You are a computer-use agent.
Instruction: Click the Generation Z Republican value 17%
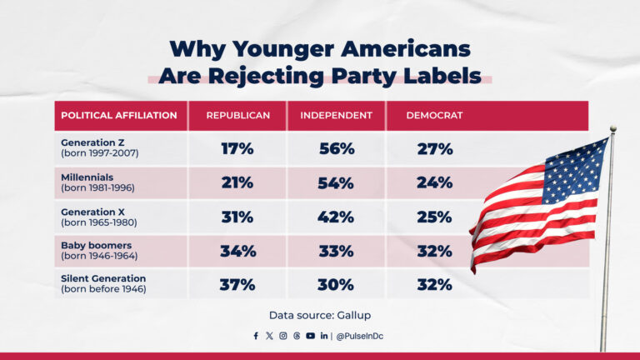237,149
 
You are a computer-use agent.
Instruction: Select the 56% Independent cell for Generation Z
337,149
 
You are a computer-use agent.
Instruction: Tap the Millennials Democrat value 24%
434,182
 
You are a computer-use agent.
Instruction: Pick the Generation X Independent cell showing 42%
337,217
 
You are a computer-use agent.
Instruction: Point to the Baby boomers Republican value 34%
237,251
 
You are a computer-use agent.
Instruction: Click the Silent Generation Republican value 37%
237,285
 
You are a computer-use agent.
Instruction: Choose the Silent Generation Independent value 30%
337,285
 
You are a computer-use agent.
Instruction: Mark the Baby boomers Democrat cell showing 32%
434,251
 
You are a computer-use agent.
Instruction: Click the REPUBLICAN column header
238,115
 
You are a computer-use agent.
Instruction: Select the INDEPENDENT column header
337,115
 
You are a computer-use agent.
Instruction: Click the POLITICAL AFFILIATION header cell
119,115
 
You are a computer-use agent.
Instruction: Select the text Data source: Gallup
320,315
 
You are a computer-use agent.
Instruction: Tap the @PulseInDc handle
361,336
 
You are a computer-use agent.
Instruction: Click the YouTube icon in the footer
310,336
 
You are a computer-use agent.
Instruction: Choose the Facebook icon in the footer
256,336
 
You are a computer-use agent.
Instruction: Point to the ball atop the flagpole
612,129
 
